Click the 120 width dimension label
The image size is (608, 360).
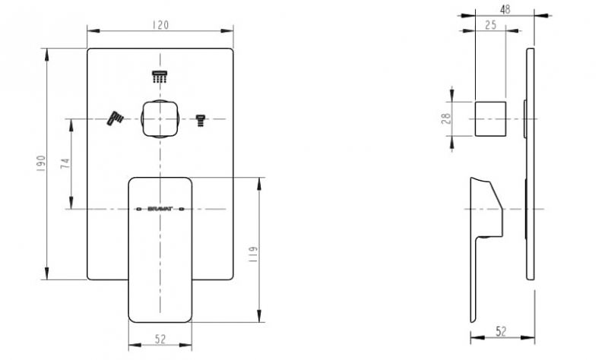pos(160,24)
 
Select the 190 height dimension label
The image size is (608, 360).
pos(41,164)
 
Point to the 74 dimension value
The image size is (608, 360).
pos(65,163)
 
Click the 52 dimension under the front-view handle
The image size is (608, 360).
pos(160,339)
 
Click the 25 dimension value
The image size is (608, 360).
pos(490,25)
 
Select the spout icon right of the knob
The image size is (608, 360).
pos(201,118)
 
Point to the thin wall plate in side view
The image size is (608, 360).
pos(530,167)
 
